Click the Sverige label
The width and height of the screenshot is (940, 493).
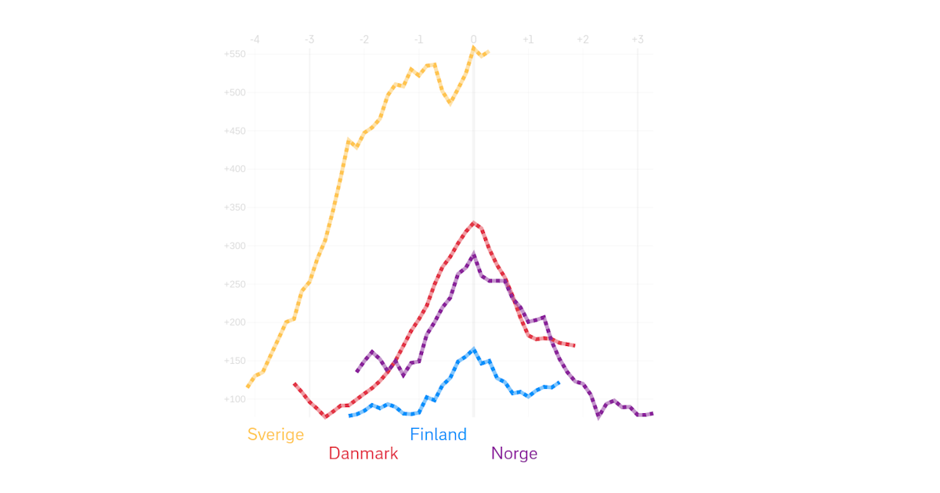pyautogui.click(x=275, y=434)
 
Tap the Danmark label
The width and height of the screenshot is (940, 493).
pyautogui.click(x=363, y=453)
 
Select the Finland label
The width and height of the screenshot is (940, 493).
pyautogui.click(x=438, y=434)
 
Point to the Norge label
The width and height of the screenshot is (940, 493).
pyautogui.click(x=514, y=453)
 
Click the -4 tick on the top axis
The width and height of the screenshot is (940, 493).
pyautogui.click(x=254, y=40)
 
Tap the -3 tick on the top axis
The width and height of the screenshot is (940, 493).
pyautogui.click(x=309, y=40)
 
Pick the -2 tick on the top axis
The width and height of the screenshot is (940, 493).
pyautogui.click(x=363, y=40)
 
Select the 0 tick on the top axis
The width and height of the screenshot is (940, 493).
pyautogui.click(x=473, y=40)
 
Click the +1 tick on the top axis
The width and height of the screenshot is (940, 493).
pyautogui.click(x=528, y=40)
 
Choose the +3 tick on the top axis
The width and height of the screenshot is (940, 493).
pyautogui.click(x=637, y=40)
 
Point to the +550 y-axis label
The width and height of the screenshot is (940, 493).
pyautogui.click(x=235, y=54)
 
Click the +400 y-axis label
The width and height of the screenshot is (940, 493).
pyautogui.click(x=235, y=169)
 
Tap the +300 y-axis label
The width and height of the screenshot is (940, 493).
pyautogui.click(x=235, y=246)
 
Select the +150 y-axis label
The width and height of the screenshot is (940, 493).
pyautogui.click(x=235, y=361)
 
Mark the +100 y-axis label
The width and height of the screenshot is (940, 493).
pyautogui.click(x=235, y=399)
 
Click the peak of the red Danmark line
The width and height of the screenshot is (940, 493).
pyautogui.click(x=473, y=222)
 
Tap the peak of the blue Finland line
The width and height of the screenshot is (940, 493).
pyautogui.click(x=473, y=350)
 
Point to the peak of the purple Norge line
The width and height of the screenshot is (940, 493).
pyautogui.click(x=473, y=254)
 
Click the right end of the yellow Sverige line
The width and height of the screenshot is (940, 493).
pyautogui.click(x=488, y=52)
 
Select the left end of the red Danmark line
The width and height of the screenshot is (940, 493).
pyautogui.click(x=295, y=383)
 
